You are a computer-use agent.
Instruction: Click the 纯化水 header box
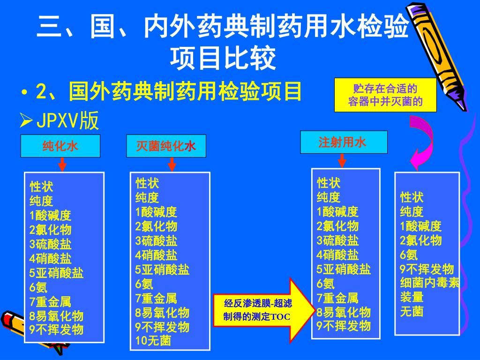click(60, 146)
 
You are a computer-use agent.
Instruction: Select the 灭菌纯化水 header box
click(166, 146)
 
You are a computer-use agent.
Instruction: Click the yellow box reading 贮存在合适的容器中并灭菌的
click(385, 95)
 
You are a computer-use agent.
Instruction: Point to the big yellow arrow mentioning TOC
click(263, 310)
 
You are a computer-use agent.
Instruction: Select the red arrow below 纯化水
click(62, 164)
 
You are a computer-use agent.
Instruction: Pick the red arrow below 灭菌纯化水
click(172, 164)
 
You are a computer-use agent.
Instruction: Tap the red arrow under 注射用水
click(342, 160)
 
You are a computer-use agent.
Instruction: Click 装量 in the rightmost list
click(412, 297)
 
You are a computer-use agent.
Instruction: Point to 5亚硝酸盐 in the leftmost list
click(56, 273)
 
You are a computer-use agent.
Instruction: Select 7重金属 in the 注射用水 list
click(337, 298)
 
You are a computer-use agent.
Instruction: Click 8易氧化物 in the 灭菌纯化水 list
click(162, 312)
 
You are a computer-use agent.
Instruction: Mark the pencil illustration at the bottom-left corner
click(33, 333)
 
